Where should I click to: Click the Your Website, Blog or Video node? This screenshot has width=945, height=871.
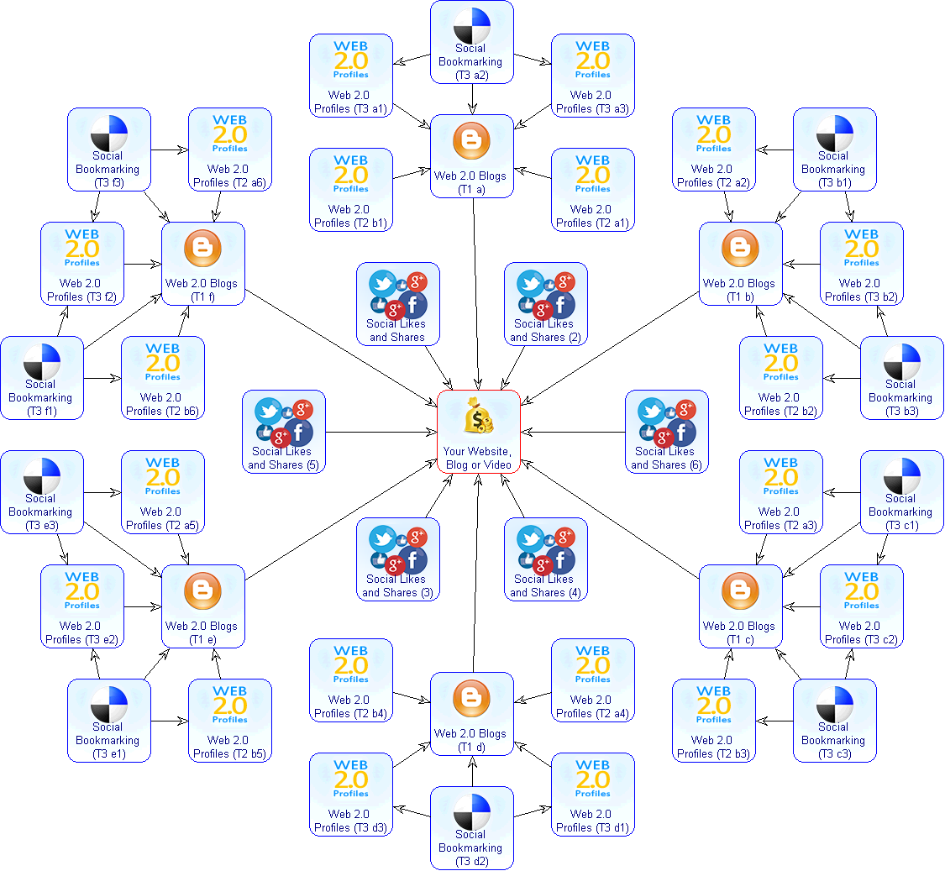pos(479,432)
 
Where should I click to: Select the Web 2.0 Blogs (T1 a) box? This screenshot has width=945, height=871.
pos(472,156)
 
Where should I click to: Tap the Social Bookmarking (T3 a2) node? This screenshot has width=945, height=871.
pos(472,42)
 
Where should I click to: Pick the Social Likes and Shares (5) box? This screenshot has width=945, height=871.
pos(284,432)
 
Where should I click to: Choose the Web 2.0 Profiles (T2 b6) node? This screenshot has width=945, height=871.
pos(163,378)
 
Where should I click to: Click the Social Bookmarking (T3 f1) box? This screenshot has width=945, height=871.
pos(42,378)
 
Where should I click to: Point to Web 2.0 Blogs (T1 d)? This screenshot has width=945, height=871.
pos(472,714)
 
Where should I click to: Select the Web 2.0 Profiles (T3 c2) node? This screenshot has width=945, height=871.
pos(862,606)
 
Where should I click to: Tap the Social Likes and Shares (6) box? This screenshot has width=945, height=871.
pos(667,432)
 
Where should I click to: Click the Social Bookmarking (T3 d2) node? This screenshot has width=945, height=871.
pos(472,828)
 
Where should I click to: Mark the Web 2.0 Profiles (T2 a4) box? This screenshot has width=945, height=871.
pos(593,680)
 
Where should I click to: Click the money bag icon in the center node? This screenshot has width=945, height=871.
pos(479,415)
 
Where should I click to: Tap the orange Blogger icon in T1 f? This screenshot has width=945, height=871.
pos(203,249)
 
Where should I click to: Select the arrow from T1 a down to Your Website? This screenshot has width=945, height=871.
pos(476,294)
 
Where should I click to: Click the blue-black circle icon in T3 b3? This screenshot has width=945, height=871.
pos(902,361)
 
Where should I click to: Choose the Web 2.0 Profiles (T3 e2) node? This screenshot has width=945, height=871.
pos(82,606)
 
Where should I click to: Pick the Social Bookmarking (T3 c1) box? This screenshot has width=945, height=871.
pos(902,492)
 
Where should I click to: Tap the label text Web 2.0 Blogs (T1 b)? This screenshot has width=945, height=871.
pos(739,291)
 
